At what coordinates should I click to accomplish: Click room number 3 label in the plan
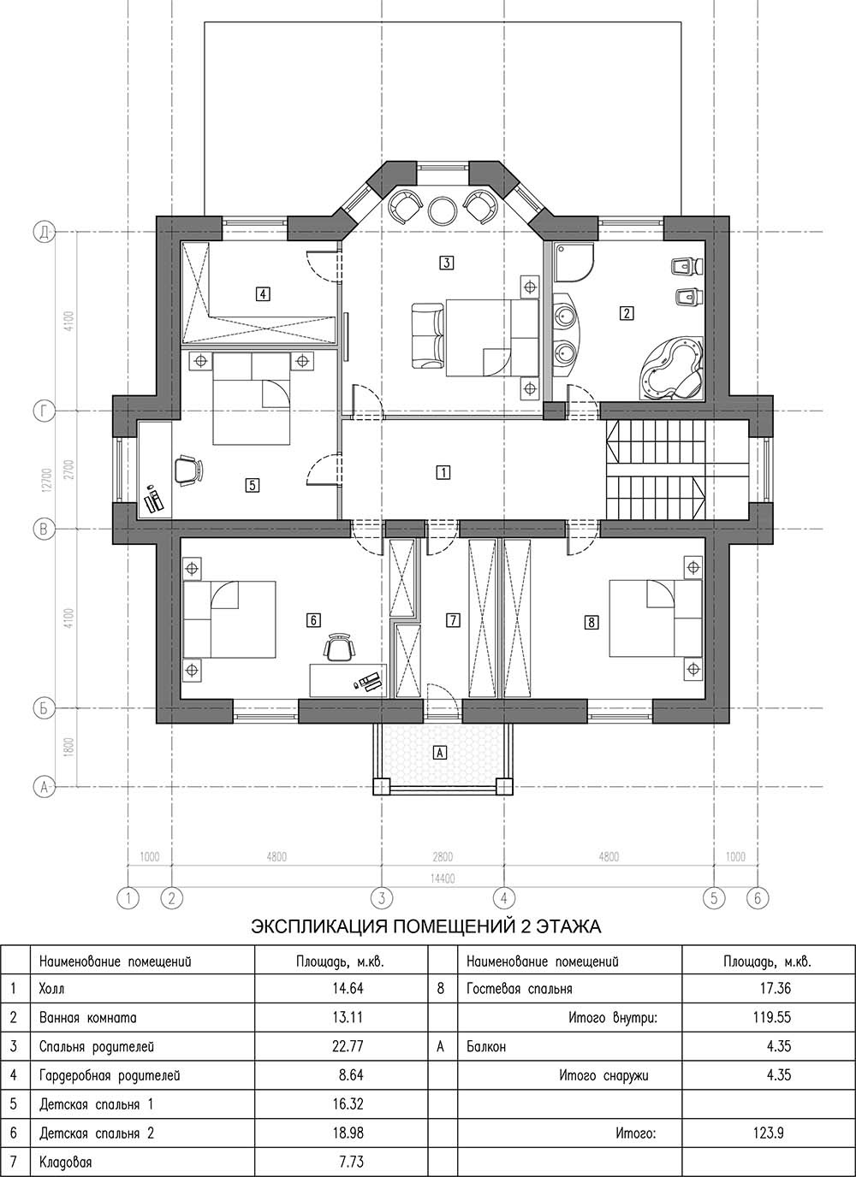(x=446, y=263)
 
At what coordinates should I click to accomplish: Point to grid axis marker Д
(x=45, y=232)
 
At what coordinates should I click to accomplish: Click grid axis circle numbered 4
(x=503, y=898)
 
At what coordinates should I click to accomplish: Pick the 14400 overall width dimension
(x=443, y=878)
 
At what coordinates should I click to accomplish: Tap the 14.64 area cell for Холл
(x=348, y=988)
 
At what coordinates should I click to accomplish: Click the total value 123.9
(x=768, y=1128)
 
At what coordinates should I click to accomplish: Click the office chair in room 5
(x=187, y=470)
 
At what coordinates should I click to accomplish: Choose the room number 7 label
(x=452, y=620)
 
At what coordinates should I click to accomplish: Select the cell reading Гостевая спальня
(x=519, y=989)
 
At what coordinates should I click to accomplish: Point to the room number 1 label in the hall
(x=443, y=472)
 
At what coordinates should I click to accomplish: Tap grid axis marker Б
(x=45, y=709)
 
